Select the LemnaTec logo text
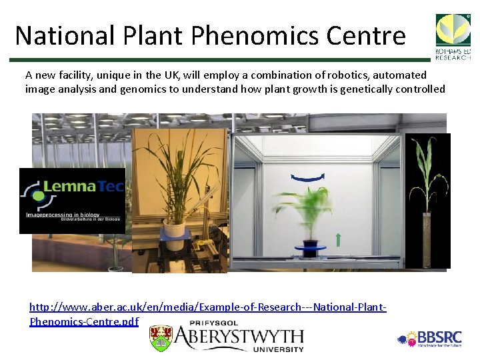pyautogui.click(x=80, y=187)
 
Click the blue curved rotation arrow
pyautogui.click(x=307, y=177)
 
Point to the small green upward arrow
pyautogui.click(x=338, y=239)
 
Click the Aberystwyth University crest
pyautogui.click(x=161, y=339)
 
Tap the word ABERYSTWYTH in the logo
pyautogui.click(x=239, y=336)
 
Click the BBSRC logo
pyautogui.click(x=434, y=339)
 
